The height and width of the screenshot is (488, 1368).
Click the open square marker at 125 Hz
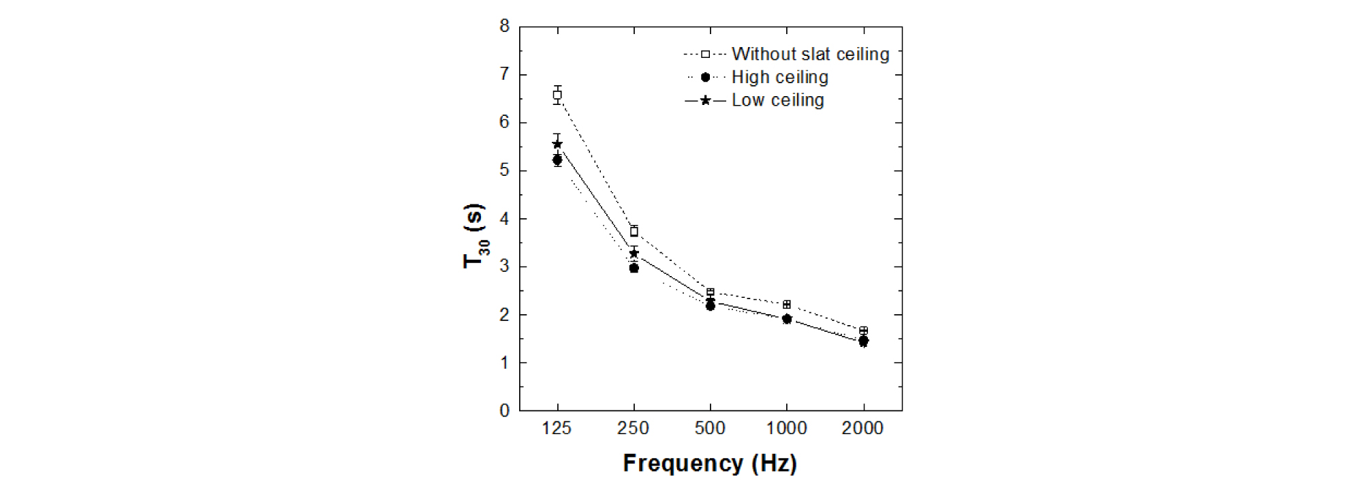tap(557, 95)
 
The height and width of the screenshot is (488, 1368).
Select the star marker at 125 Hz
tap(557, 144)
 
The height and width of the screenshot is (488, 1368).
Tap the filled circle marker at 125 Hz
tap(557, 159)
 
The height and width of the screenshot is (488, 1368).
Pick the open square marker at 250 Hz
tap(634, 232)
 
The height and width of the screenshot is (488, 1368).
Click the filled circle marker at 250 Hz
tap(634, 268)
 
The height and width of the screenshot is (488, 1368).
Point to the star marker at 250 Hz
tap(634, 254)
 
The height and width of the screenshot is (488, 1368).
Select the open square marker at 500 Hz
tap(711, 292)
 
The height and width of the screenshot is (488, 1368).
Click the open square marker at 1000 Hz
tap(787, 305)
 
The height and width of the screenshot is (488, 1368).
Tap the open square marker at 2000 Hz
tap(864, 331)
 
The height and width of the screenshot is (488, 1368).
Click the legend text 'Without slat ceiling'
tap(810, 54)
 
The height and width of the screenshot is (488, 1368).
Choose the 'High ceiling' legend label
tap(780, 77)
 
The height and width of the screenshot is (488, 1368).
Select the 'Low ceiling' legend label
tap(777, 100)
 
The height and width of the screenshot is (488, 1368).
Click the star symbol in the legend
tap(705, 101)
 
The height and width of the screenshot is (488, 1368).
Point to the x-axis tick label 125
tap(557, 429)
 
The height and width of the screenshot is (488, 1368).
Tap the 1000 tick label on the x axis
tap(787, 429)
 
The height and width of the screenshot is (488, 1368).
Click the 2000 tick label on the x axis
tap(862, 429)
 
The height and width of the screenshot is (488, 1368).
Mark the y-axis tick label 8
tap(505, 27)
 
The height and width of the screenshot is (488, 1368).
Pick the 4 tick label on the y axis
tap(505, 219)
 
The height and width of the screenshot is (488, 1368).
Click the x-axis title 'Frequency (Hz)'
tap(710, 463)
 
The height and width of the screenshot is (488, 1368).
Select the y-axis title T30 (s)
tap(474, 235)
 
